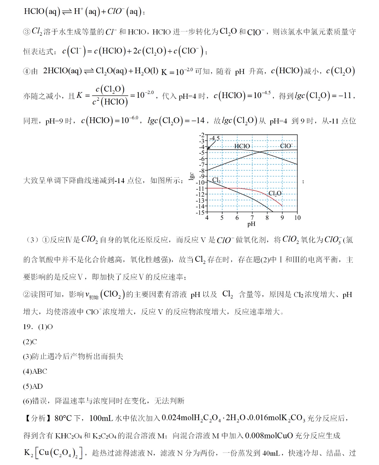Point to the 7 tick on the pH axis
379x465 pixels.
pyautogui.click(x=252, y=218)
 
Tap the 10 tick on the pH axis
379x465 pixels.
pyautogui.click(x=297, y=218)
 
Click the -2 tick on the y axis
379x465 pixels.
pyautogui.click(x=202, y=135)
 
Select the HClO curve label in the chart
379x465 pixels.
pyautogui.click(x=242, y=146)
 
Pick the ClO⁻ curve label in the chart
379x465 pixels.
pyautogui.click(x=286, y=146)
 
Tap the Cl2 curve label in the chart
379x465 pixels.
pyautogui.click(x=216, y=180)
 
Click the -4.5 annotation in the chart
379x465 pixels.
pyautogui.click(x=214, y=138)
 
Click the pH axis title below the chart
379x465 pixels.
pyautogui.click(x=251, y=224)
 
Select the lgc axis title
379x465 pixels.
pyautogui.click(x=191, y=176)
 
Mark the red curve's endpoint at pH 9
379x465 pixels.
pyautogui.click(x=282, y=206)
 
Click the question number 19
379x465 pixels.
pyautogui.click(x=27, y=327)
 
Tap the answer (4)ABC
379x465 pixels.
pyautogui.click(x=35, y=371)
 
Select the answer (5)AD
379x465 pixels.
pyautogui.click(x=33, y=386)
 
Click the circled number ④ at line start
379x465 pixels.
pyautogui.click(x=27, y=71)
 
